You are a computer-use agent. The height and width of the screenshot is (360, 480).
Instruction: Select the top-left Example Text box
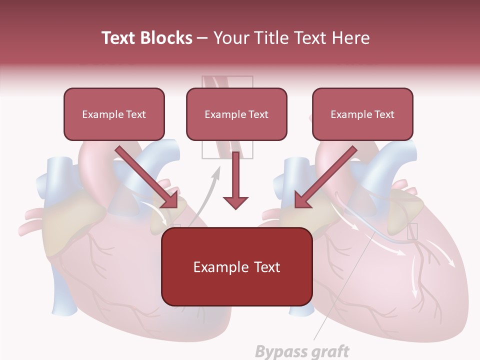pos(114,114)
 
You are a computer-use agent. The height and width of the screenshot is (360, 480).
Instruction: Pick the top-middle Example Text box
pos(236,114)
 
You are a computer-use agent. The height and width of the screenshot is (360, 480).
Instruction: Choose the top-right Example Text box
pos(362,114)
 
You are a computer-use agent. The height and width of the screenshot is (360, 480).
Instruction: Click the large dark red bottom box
pos(236,266)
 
